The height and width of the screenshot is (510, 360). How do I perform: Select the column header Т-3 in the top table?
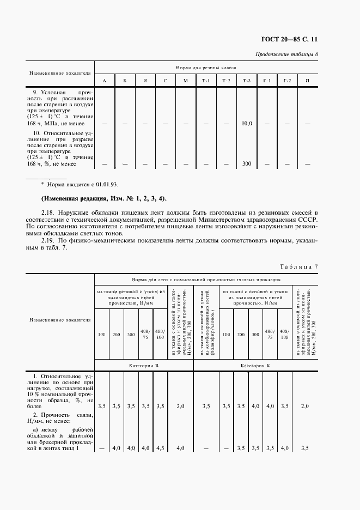pyautogui.click(x=247, y=81)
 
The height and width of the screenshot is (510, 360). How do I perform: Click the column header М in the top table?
pyautogui.click(x=185, y=81)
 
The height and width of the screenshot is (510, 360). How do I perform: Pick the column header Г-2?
pyautogui.click(x=287, y=81)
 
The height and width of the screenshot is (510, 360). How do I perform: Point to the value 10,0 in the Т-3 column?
pyautogui.click(x=247, y=124)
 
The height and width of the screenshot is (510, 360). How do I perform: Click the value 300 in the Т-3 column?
pyautogui.click(x=247, y=163)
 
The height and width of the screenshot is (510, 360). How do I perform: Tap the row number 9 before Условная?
pyautogui.click(x=35, y=92)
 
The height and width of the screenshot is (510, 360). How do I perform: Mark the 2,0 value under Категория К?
pyautogui.click(x=304, y=406)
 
